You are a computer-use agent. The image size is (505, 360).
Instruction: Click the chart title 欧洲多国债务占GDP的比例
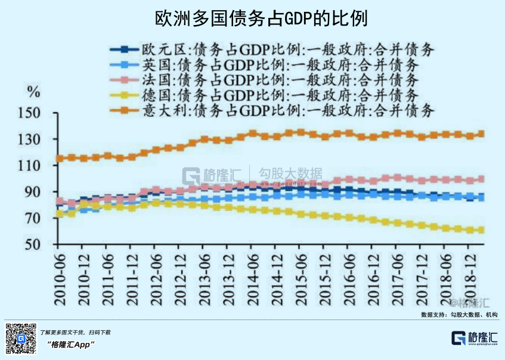pos(252,18)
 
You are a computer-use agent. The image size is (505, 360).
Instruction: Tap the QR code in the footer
pos(21,338)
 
